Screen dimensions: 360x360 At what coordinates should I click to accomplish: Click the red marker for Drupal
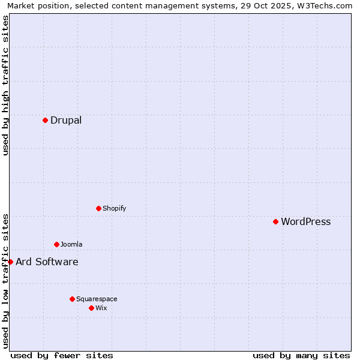click(45, 120)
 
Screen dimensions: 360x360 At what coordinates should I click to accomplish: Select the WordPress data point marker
click(275, 221)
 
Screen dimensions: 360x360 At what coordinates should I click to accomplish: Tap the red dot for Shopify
click(98, 208)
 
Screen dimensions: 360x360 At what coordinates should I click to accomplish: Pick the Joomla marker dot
click(56, 244)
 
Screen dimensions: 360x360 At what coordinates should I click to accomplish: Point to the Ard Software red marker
click(10, 262)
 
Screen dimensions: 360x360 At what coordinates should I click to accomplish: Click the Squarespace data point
click(72, 299)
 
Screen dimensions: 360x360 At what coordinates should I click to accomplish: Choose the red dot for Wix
click(91, 308)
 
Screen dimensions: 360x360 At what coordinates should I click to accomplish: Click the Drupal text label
click(66, 120)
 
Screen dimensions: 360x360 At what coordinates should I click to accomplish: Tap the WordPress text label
click(305, 221)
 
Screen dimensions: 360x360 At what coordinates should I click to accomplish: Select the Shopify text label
click(114, 208)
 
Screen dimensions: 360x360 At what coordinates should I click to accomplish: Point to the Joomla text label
click(71, 244)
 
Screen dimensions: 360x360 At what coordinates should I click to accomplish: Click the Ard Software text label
click(47, 262)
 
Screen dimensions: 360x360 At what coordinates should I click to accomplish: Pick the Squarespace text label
click(97, 299)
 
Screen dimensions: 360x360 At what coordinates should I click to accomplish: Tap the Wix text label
click(101, 308)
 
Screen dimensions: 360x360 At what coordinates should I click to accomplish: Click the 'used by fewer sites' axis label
click(62, 355)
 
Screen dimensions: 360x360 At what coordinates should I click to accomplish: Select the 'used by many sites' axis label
click(301, 355)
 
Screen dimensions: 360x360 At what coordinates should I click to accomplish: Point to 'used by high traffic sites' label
click(5, 85)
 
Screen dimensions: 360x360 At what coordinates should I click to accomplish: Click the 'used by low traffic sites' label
click(5, 280)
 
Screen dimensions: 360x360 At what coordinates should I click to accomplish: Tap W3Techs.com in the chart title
click(329, 5)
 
